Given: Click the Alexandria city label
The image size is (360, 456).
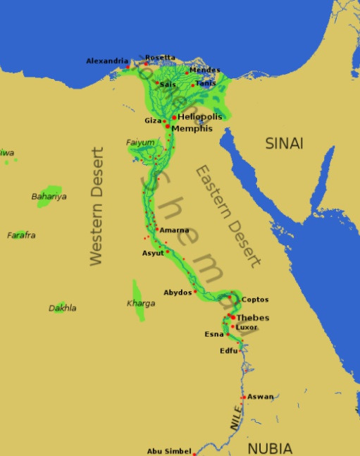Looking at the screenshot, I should pyautogui.click(x=107, y=61).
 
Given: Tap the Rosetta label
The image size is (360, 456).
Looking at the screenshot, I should pyautogui.click(x=160, y=57).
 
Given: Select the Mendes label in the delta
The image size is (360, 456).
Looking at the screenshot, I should pyautogui.click(x=204, y=70).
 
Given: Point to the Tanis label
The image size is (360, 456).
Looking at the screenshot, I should pyautogui.click(x=205, y=83).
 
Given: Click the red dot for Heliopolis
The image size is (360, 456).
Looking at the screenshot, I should pyautogui.click(x=174, y=117).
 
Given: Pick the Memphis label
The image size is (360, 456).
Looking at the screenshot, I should pyautogui.click(x=192, y=129).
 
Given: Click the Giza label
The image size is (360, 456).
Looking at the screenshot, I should pyautogui.click(x=154, y=121).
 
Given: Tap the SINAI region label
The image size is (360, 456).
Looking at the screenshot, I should pyautogui.click(x=284, y=144).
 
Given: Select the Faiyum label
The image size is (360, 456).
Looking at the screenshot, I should pyautogui.click(x=139, y=142).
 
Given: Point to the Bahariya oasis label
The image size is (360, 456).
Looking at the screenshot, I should pyautogui.click(x=49, y=197).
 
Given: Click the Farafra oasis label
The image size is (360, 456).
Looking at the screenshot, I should pyautogui.click(x=21, y=235).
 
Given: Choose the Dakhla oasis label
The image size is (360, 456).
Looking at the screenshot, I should pyautogui.click(x=62, y=308).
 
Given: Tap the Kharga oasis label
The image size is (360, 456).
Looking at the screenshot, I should pyautogui.click(x=140, y=304).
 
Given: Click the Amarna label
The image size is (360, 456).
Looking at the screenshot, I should pyautogui.click(x=174, y=230).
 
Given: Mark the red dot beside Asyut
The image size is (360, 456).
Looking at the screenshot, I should pyautogui.click(x=168, y=252).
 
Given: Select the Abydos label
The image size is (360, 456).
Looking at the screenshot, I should pyautogui.click(x=177, y=292).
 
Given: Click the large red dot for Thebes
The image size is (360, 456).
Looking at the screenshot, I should pyautogui.click(x=232, y=316).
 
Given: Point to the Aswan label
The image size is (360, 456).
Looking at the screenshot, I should pyautogui.click(x=261, y=397).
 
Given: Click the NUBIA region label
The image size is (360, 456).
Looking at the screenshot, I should pyautogui.click(x=269, y=447).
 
